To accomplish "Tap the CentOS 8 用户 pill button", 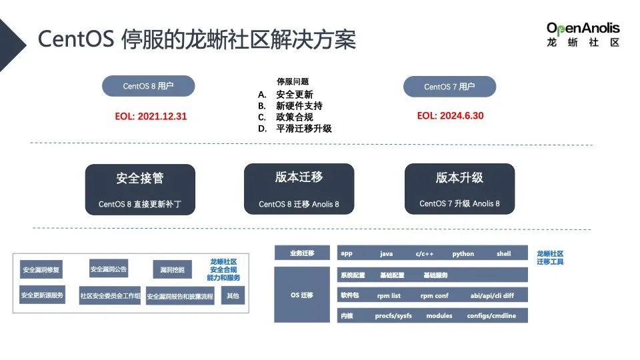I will pyautogui.click(x=148, y=86).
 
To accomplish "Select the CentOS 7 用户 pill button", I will pyautogui.click(x=449, y=87).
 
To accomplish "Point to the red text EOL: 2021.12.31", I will pyautogui.click(x=151, y=116).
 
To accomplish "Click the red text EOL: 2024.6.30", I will pyautogui.click(x=450, y=115).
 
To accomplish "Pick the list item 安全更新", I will pyautogui.click(x=294, y=95).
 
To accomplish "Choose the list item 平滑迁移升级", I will pyautogui.click(x=303, y=129).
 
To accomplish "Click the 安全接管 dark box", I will pyautogui.click(x=140, y=189).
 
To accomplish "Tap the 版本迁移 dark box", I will pyautogui.click(x=299, y=189).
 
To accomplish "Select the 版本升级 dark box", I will pyautogui.click(x=459, y=189).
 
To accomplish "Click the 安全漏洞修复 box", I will pyautogui.click(x=41, y=270).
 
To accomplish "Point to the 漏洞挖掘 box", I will pyautogui.click(x=172, y=270).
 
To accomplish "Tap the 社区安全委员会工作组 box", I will pyautogui.click(x=110, y=295).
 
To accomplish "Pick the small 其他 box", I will pyautogui.click(x=233, y=295).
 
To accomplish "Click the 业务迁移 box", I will pyautogui.click(x=302, y=253).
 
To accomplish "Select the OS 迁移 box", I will pyautogui.click(x=302, y=295).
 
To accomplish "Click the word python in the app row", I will pyautogui.click(x=463, y=254).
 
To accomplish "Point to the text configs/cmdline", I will pyautogui.click(x=491, y=315).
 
